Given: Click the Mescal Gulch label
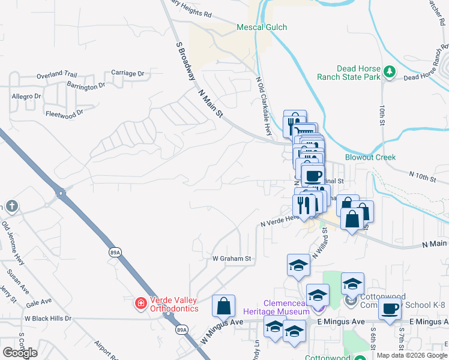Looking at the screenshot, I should (x=262, y=27).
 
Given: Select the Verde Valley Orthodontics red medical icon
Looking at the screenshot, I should (x=141, y=304).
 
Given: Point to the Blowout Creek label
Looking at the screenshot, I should (x=370, y=157).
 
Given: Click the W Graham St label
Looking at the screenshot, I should (x=231, y=259).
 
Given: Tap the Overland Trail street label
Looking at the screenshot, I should (x=55, y=76).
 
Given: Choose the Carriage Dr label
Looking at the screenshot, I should (x=128, y=73).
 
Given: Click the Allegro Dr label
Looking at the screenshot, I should (x=26, y=96).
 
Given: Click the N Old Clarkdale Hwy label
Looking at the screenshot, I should (x=265, y=105).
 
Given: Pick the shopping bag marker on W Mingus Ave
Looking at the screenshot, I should (x=223, y=305).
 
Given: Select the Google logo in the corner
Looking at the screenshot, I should (x=20, y=353).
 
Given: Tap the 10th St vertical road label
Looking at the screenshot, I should (x=382, y=115).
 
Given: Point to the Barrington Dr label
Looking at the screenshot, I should (x=86, y=85).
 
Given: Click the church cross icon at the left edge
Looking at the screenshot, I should (x=11, y=207).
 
